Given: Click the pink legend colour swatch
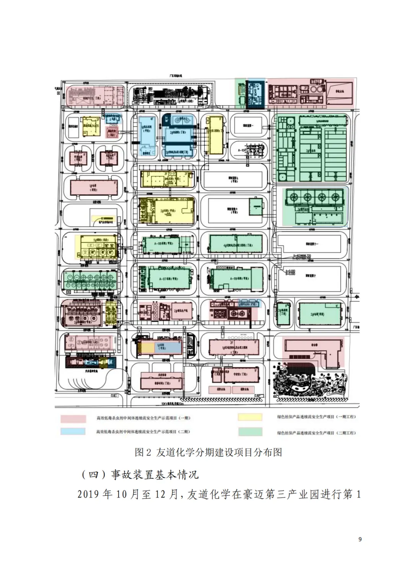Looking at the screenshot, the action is point(73,418).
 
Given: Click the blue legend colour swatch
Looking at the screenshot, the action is point(73,431).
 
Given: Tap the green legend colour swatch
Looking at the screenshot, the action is point(250,432).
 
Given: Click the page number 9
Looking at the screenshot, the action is point(360,539).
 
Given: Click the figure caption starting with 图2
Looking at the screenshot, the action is point(208,452).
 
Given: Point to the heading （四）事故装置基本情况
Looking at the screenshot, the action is point(140,475).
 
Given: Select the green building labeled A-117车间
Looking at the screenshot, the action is point(168,279).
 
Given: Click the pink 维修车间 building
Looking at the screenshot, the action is point(161,383).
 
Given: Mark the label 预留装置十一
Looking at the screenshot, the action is point(311,244).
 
